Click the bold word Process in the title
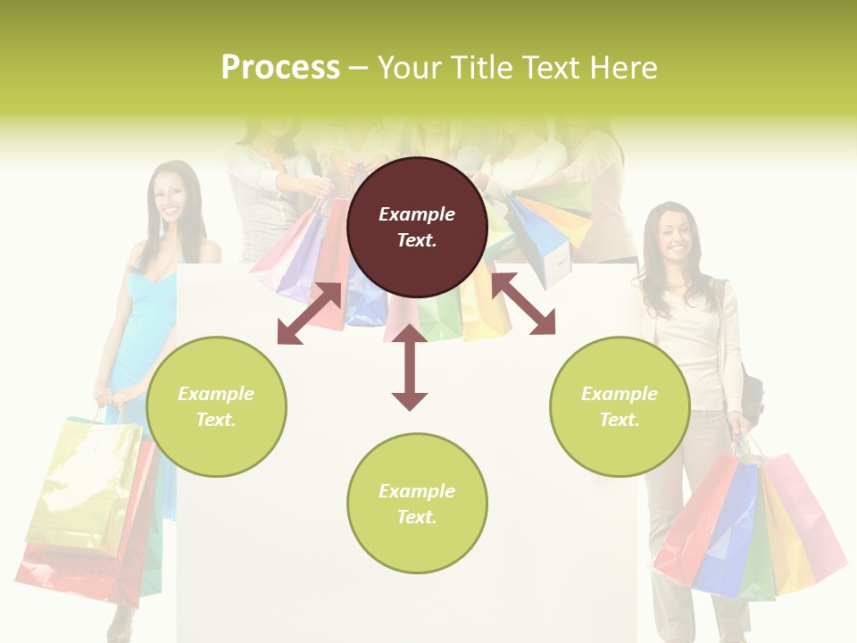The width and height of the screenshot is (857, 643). pos(280,68)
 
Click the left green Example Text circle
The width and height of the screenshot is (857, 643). pos(216,406)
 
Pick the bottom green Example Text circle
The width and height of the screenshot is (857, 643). pos(417,504)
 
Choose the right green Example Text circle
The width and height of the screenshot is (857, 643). pos(620,406)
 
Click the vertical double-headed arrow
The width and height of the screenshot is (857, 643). pos(410,367)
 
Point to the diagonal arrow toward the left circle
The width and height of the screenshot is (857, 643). pos(309,313)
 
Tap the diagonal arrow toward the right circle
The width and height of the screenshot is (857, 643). pos(523,304)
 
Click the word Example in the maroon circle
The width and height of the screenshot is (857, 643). pos(417,214)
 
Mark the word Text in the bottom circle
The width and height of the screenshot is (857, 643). pos(417,517)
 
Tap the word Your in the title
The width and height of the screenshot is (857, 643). pos(412,68)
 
